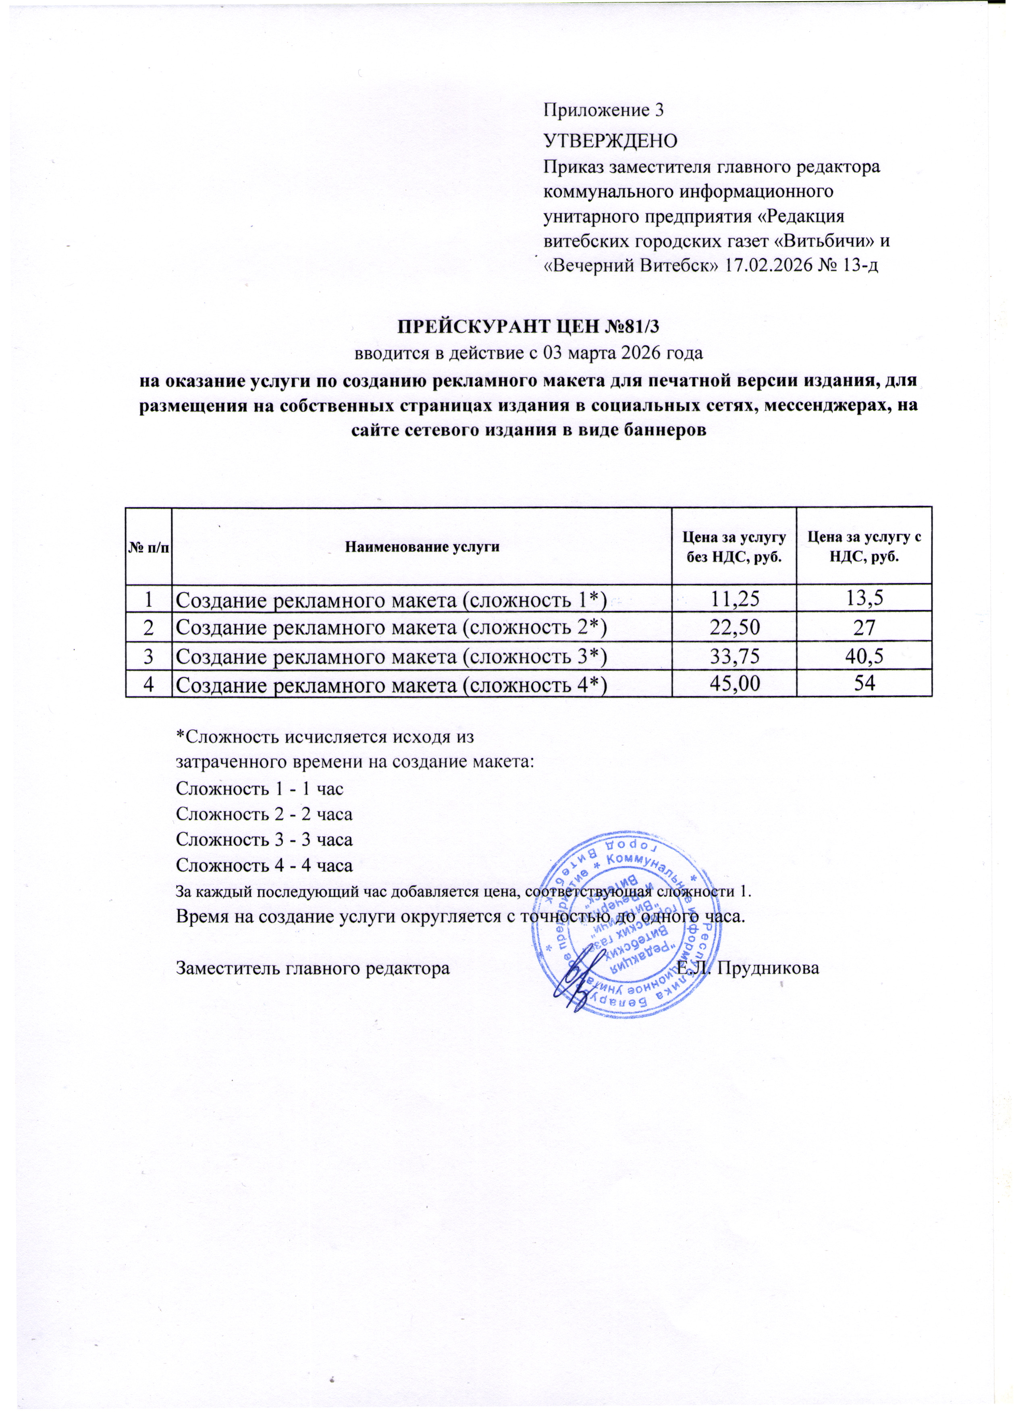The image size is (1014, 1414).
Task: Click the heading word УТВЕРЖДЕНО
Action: [x=610, y=140]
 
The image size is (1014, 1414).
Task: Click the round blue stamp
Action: [x=627, y=926]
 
